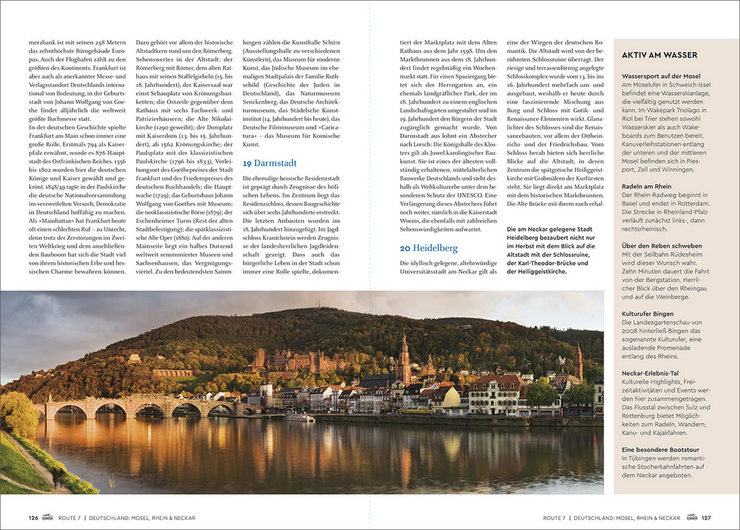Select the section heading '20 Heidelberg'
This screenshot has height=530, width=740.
[429, 248]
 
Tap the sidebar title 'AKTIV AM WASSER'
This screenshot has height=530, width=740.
[659, 55]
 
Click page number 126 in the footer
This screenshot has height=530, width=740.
[33, 518]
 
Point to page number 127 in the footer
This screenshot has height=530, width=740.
[706, 518]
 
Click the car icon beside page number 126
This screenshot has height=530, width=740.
[48, 518]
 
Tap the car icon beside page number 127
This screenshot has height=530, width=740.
[692, 518]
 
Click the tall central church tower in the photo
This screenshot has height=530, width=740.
[404, 356]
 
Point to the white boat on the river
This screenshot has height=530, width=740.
[300, 417]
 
